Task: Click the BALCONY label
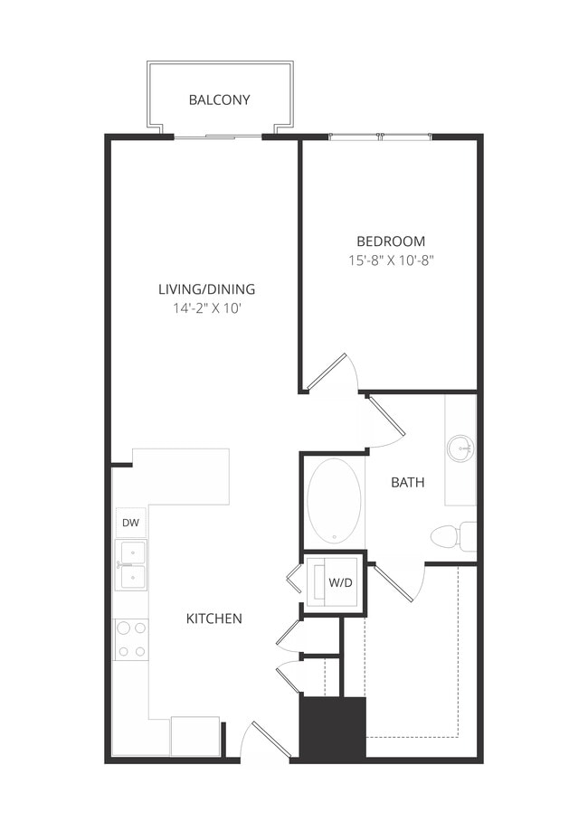219,99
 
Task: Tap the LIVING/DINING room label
206,289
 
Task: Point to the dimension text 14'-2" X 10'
206,308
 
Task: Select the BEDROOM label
390,241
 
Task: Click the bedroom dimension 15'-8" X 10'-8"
390,260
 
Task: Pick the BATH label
407,482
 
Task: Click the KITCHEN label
213,619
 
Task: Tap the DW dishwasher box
129,523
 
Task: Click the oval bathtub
334,500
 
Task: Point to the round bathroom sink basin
461,446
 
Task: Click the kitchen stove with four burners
131,638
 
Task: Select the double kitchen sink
131,565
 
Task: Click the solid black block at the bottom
332,729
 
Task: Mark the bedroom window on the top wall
380,137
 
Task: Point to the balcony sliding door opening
219,137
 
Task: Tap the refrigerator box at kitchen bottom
194,735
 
